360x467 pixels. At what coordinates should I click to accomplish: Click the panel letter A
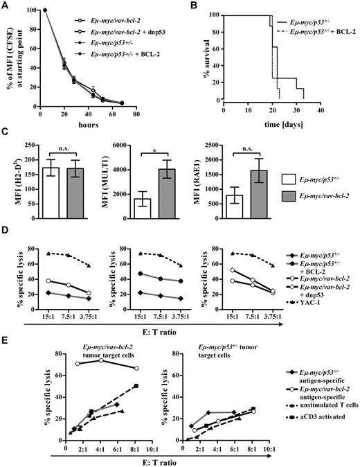pyautogui.click(x=5, y=6)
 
